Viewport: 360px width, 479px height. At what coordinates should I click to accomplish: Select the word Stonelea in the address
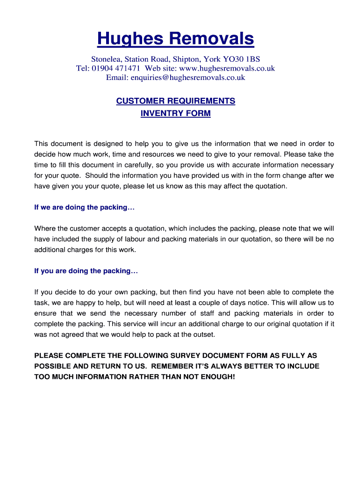click(x=106, y=59)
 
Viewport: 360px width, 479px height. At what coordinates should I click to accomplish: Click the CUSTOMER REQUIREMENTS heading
click(x=176, y=101)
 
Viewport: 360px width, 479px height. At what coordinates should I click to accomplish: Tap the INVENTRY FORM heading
click(x=176, y=113)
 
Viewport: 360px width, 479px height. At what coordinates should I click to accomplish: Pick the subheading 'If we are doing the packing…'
click(x=84, y=207)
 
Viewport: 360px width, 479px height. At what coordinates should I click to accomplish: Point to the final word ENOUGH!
click(x=219, y=377)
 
